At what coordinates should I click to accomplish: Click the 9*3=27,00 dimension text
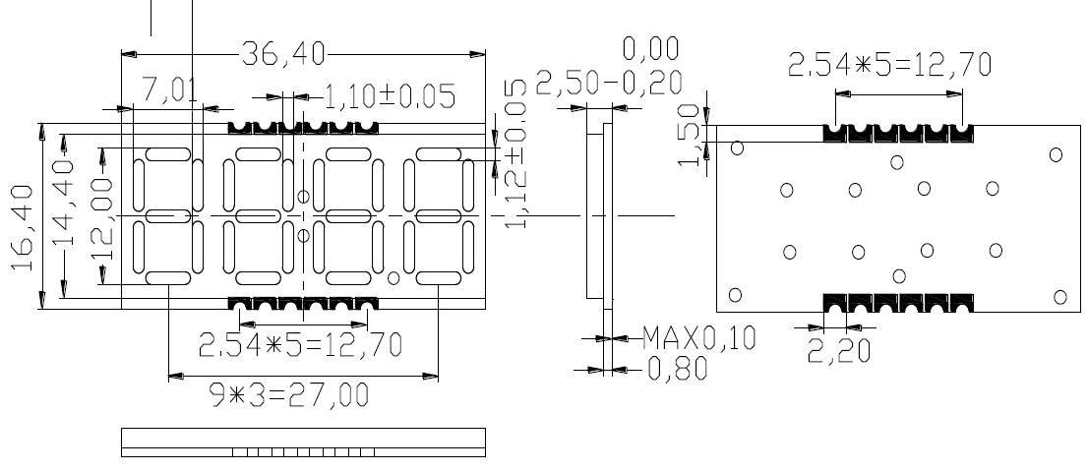pyautogui.click(x=290, y=395)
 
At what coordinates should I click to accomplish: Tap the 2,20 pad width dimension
pyautogui.click(x=838, y=349)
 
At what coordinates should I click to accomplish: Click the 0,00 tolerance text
pyautogui.click(x=650, y=49)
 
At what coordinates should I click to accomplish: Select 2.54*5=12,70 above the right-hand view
pyautogui.click(x=889, y=65)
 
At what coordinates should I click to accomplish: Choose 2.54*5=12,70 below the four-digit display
pyautogui.click(x=300, y=345)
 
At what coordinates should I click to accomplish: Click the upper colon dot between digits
pyautogui.click(x=303, y=196)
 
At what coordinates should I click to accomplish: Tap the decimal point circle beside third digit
pyautogui.click(x=393, y=277)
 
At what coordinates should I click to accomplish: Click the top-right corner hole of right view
pyautogui.click(x=1056, y=154)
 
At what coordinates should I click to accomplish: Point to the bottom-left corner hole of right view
pyautogui.click(x=735, y=295)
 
